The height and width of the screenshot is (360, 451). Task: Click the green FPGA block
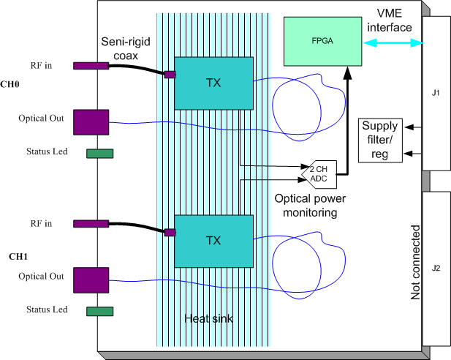click(x=323, y=42)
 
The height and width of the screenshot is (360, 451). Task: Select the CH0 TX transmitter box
click(x=213, y=83)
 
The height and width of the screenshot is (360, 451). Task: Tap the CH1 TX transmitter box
click(x=213, y=241)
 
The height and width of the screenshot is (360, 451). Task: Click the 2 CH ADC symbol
click(x=319, y=174)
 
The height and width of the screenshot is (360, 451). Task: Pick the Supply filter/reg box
click(x=380, y=140)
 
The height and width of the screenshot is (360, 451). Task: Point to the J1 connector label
click(x=436, y=93)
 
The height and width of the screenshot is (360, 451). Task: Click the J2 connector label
click(x=436, y=268)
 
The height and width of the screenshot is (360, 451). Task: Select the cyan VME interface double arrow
click(x=393, y=43)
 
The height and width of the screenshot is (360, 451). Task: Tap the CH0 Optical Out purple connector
click(x=91, y=122)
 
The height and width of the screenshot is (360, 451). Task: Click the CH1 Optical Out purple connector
click(x=91, y=280)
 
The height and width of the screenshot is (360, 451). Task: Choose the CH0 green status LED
click(x=100, y=154)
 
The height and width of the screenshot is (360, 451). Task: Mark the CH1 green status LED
click(x=100, y=311)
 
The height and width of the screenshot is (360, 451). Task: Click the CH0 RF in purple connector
click(x=91, y=66)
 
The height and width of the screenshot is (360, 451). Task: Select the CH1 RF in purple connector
click(x=91, y=224)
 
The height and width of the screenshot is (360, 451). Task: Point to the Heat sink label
click(x=209, y=318)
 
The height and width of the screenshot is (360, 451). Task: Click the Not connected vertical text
click(x=415, y=263)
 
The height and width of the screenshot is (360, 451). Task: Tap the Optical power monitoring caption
click(x=310, y=206)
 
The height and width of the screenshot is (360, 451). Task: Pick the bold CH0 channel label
click(x=10, y=84)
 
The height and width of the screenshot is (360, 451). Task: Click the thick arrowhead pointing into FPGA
click(x=347, y=72)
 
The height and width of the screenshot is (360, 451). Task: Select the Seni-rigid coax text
click(x=126, y=49)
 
